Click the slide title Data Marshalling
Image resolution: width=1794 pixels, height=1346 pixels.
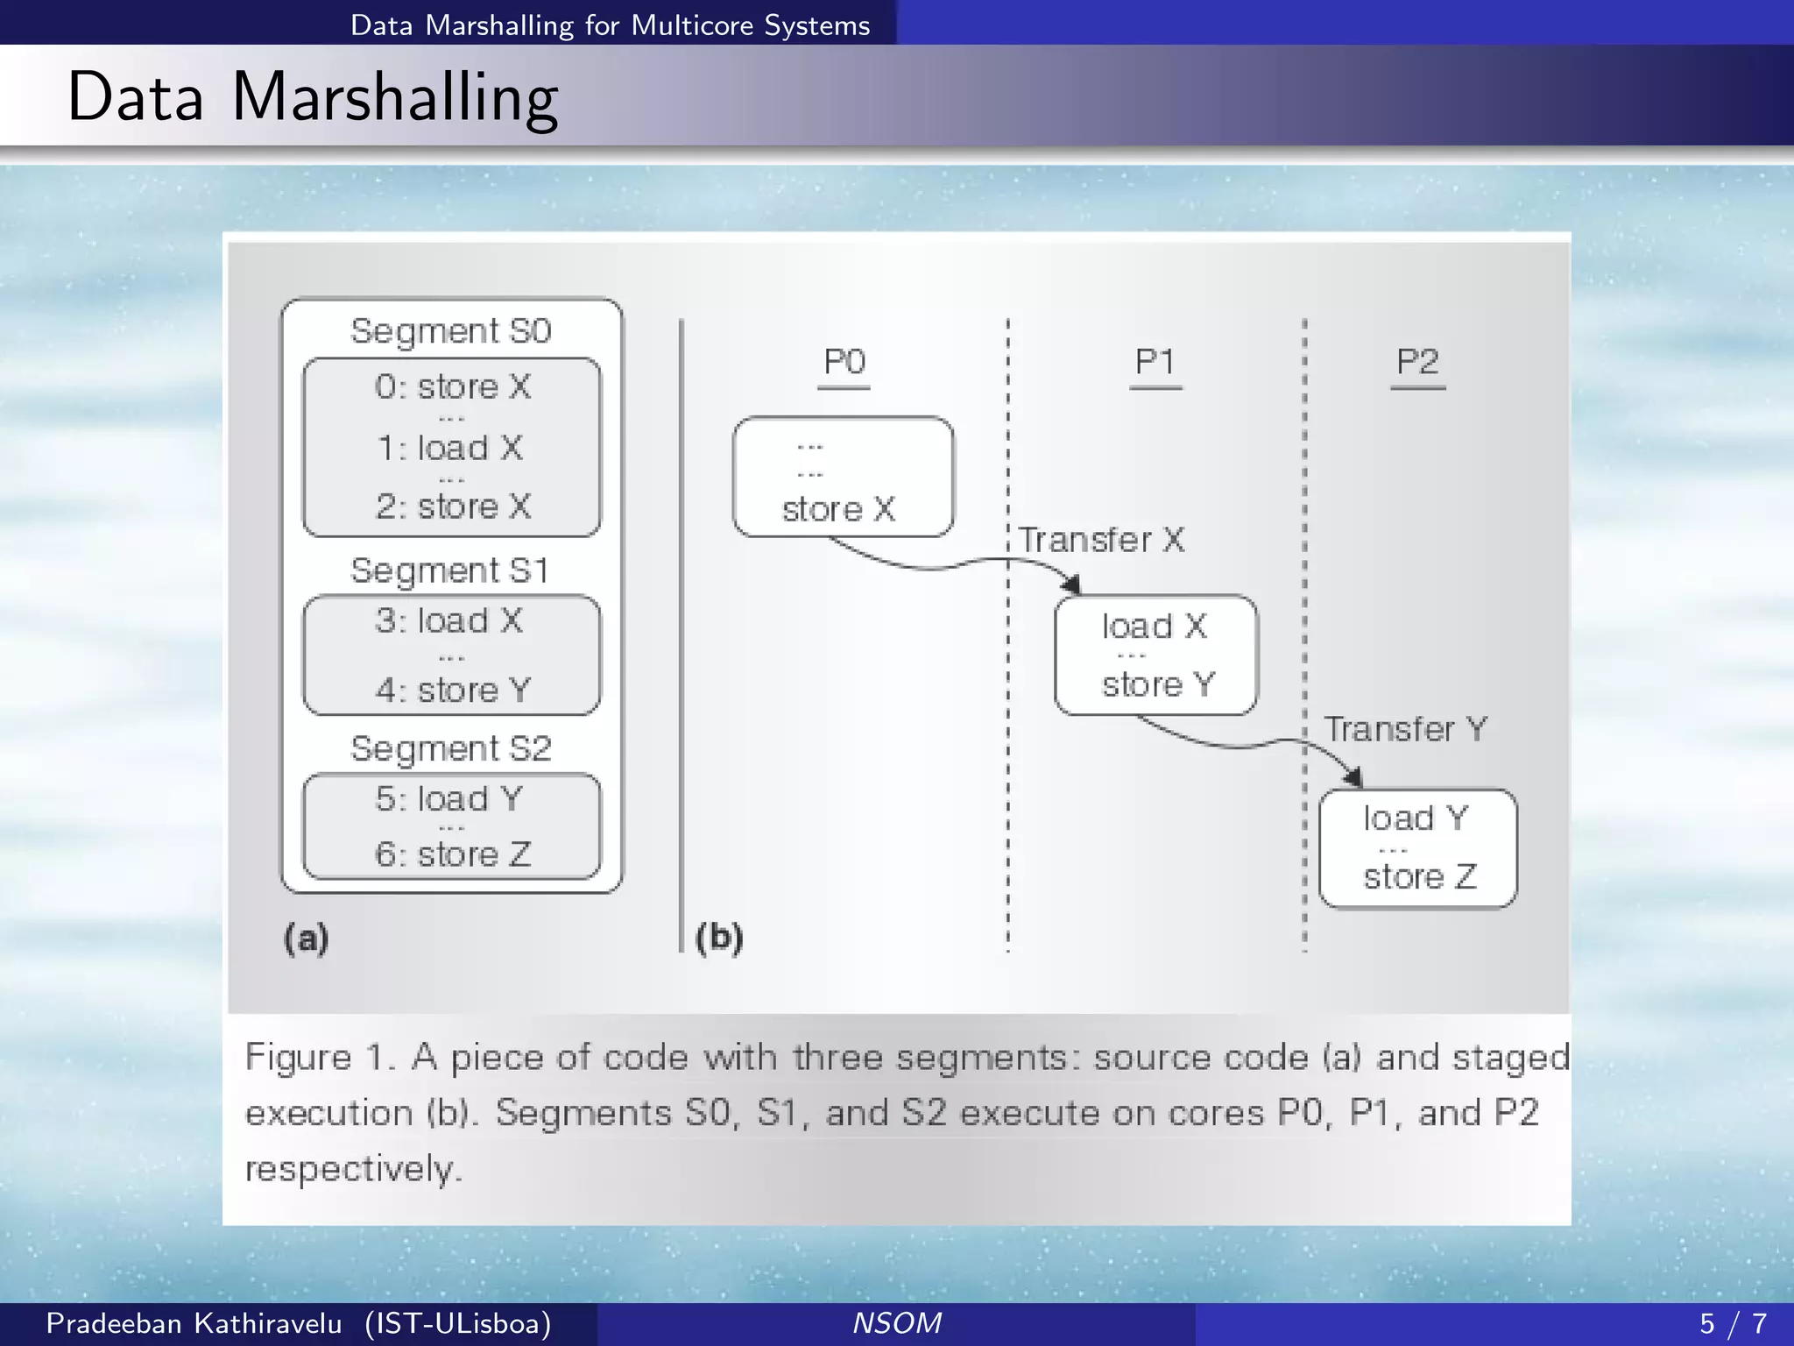click(312, 96)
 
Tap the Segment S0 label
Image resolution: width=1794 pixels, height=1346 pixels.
click(451, 331)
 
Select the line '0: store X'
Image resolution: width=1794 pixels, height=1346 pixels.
click(453, 386)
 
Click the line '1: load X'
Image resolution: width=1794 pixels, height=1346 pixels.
click(450, 448)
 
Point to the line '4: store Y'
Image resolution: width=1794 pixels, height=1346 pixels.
click(453, 690)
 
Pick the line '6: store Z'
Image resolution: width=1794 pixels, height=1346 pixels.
click(453, 854)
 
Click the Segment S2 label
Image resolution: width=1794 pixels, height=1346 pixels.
click(451, 748)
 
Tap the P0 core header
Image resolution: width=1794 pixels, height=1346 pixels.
click(844, 362)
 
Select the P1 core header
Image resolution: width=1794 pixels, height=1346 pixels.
click(1155, 362)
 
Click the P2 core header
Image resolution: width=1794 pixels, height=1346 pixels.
click(1417, 362)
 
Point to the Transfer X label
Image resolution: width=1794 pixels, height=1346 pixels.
click(1101, 540)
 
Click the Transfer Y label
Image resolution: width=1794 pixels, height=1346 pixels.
click(1405, 729)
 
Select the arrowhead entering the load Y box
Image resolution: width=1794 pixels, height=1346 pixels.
click(1354, 776)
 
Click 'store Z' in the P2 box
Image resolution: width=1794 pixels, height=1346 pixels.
click(1419, 876)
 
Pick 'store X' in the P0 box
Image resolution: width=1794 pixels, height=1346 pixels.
click(838, 509)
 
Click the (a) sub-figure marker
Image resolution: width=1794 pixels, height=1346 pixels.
click(306, 939)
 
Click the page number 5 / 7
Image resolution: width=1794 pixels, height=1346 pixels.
click(1733, 1323)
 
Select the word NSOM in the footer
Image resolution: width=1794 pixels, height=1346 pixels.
click(897, 1323)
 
